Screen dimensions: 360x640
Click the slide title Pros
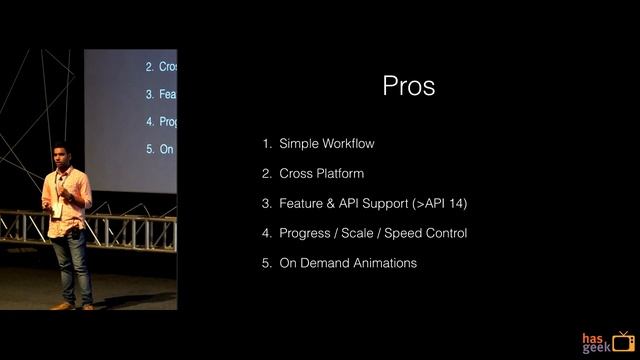tap(408, 87)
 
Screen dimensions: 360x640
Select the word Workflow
tap(349, 144)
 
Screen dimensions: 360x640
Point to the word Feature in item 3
tap(302, 204)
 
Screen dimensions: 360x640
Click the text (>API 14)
tap(439, 204)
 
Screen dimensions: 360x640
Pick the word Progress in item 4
tap(305, 234)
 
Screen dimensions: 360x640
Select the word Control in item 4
tap(444, 234)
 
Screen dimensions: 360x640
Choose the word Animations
tap(384, 263)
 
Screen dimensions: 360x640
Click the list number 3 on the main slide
tap(267, 204)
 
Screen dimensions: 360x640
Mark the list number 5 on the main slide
tap(267, 263)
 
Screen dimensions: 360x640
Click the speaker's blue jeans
tap(71, 262)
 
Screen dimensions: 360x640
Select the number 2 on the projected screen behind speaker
tap(149, 67)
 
